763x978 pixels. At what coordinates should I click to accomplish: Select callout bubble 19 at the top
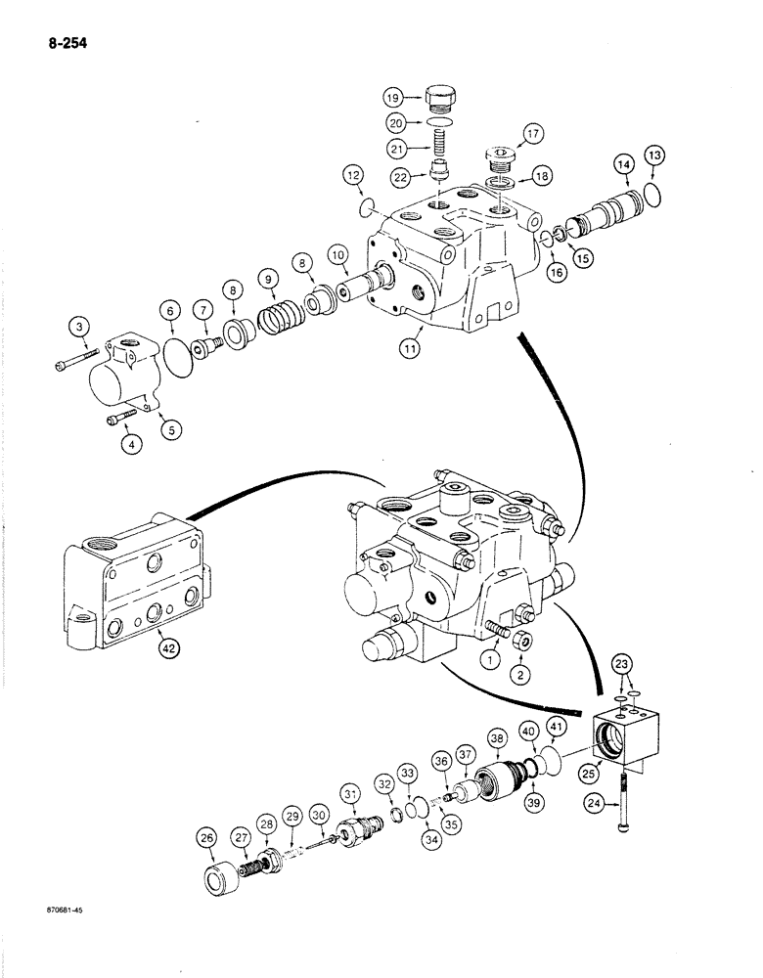point(393,98)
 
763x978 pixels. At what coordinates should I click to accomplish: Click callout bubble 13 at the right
point(653,156)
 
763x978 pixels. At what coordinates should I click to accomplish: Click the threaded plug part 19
point(443,98)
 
